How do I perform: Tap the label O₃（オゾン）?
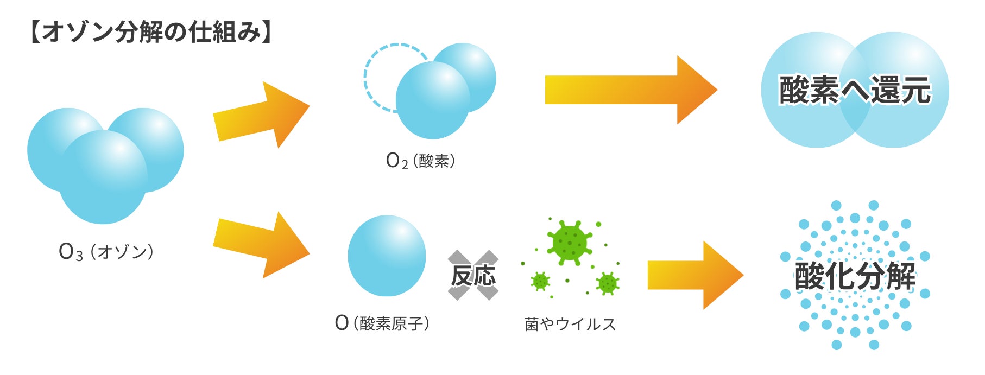coord(106,252)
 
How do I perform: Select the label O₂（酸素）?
coord(420,161)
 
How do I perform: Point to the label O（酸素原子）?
coord(382,323)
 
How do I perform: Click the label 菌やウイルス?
coord(570,324)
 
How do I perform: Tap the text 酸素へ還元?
coord(855,90)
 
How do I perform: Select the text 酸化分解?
coord(855,276)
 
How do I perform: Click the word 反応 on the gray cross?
coord(473,275)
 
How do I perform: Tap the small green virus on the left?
coord(540,281)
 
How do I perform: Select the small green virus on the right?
coord(607,283)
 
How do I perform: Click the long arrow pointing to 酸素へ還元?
coord(630,90)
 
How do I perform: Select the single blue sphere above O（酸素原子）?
coord(387,256)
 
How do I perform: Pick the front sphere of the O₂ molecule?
coord(432,101)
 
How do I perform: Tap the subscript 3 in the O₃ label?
coord(79,256)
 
